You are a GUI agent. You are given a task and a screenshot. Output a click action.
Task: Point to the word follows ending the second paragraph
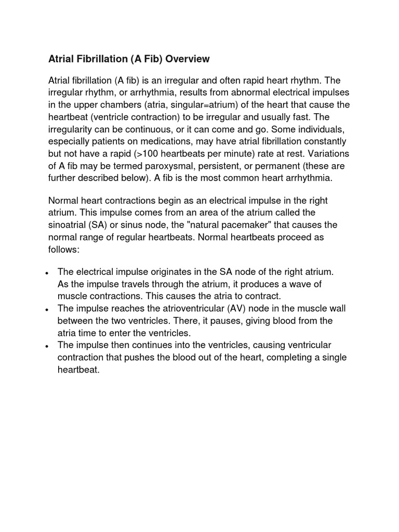point(63,249)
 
